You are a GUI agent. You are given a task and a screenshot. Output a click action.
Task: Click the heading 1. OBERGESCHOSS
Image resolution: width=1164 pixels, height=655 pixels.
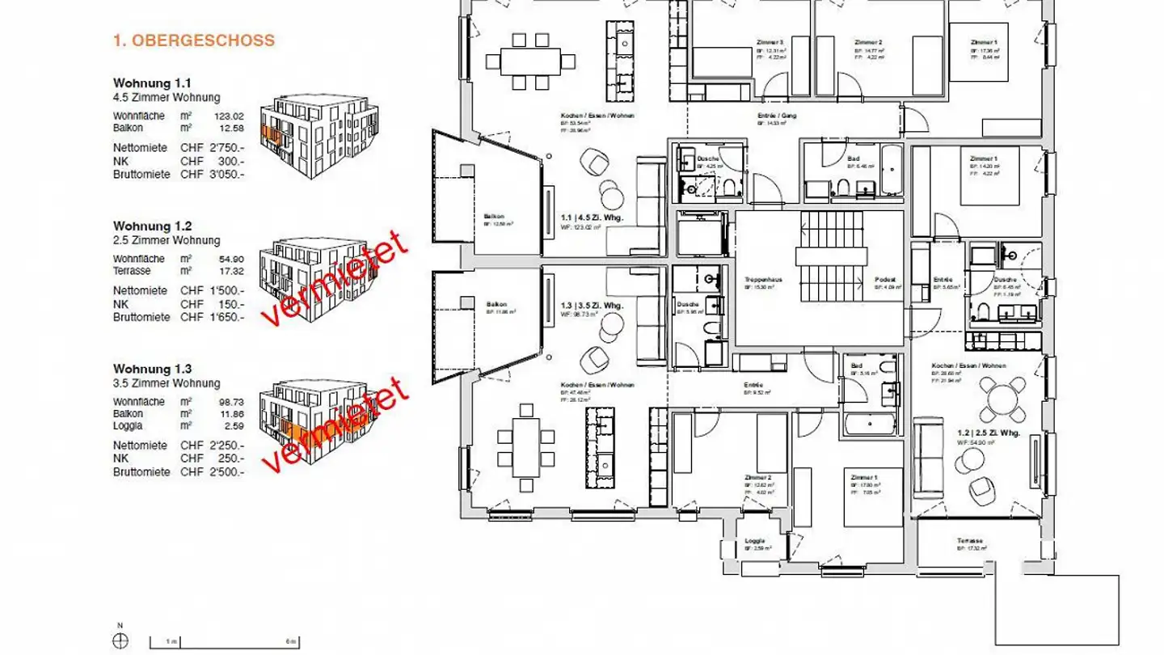point(194,40)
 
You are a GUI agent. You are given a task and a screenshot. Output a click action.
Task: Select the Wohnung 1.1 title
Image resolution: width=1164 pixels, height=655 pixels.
point(153,83)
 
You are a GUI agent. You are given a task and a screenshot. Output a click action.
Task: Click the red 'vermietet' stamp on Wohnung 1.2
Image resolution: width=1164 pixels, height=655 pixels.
point(335,279)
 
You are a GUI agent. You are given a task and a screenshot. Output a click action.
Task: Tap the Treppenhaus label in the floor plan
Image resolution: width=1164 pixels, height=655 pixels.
point(759,279)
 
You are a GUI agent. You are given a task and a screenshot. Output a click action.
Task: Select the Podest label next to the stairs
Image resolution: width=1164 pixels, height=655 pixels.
point(885,280)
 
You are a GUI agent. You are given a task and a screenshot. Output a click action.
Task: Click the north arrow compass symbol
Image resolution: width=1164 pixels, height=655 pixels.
point(120,640)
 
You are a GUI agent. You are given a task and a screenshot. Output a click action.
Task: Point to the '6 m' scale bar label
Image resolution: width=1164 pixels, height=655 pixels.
point(291,641)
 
